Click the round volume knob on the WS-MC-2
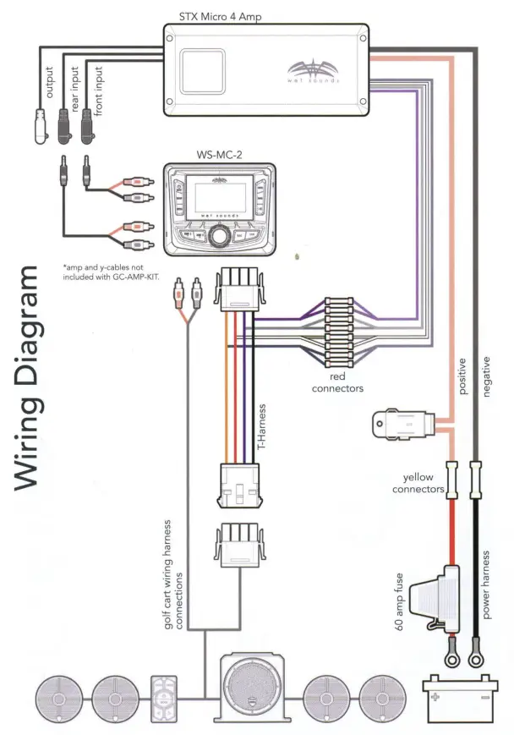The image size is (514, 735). (221, 238)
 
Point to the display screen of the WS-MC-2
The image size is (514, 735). (220, 198)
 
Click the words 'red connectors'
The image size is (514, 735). (337, 382)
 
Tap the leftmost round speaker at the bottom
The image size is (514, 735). (58, 699)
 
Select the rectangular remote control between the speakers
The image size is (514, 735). (163, 699)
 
